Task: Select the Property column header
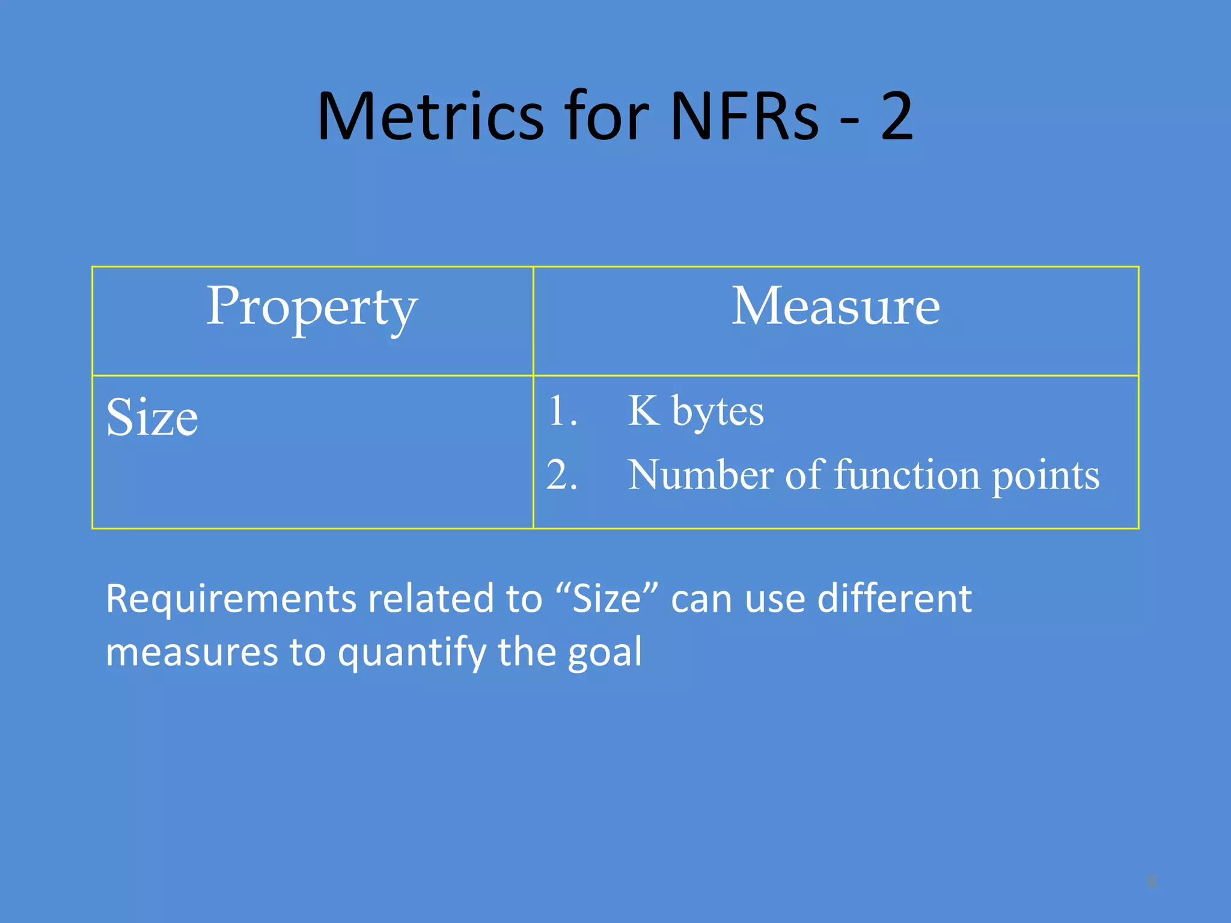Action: tap(312, 307)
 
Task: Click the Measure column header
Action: tap(835, 307)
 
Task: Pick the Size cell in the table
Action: tap(152, 418)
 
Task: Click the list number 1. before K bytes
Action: tap(562, 412)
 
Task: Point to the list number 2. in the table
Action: tap(562, 475)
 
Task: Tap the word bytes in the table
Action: tap(718, 413)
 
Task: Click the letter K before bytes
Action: tap(643, 411)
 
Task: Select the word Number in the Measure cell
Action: tap(700, 475)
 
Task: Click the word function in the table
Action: tap(907, 475)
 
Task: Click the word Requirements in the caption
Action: tap(231, 599)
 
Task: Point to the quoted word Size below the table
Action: tap(606, 599)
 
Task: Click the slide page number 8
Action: tap(1151, 882)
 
